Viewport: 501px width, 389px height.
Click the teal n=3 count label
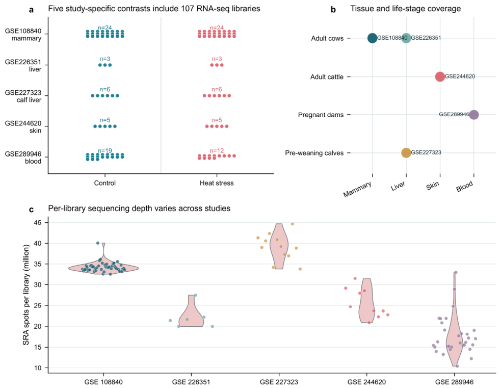[105, 59]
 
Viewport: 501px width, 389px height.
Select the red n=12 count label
[217, 150]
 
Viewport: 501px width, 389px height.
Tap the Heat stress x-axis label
[217, 183]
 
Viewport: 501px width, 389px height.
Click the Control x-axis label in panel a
[105, 183]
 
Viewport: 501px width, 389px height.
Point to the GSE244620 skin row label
[23, 127]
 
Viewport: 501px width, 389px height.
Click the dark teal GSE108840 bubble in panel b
[372, 38]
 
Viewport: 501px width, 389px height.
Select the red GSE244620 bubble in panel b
[440, 76]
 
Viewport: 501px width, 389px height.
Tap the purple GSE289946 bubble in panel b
[474, 115]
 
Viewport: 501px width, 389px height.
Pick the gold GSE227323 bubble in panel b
[406, 153]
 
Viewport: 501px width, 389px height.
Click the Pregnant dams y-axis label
[321, 115]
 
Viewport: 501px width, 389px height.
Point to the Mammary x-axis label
[357, 189]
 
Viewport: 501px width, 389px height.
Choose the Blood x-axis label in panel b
[465, 186]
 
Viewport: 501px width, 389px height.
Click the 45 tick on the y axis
[37, 222]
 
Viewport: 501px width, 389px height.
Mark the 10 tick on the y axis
[37, 368]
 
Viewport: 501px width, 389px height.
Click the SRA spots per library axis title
[26, 295]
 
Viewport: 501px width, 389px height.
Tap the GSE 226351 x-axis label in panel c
[191, 382]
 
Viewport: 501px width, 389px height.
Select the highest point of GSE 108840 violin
[103, 243]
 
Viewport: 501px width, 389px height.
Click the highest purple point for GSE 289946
[456, 272]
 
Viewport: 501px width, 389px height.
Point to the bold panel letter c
[31, 210]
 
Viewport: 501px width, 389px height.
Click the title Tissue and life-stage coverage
[406, 9]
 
